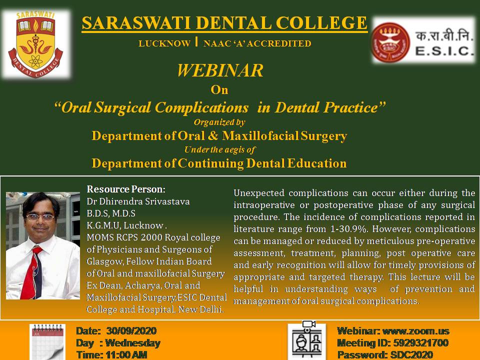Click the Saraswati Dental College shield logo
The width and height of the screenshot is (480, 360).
35,44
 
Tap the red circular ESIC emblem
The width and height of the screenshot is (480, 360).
390,42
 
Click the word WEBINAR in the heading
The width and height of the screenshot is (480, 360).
220,70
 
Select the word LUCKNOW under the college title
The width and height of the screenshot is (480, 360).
164,43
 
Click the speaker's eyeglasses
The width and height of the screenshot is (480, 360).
40,217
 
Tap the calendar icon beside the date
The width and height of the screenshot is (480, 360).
47,342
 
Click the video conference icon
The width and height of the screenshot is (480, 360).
307,340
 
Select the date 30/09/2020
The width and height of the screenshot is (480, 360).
131,331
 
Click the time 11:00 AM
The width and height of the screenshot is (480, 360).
126,355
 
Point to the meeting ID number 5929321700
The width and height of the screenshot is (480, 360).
420,343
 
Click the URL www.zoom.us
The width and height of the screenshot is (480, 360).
416,331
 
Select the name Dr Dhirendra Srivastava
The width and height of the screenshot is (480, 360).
138,201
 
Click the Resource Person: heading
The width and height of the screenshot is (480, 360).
126,189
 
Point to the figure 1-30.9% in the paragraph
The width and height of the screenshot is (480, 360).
349,229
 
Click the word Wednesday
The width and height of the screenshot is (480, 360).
132,343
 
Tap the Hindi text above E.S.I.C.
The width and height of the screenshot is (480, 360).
442,36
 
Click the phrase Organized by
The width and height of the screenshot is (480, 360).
219,122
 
